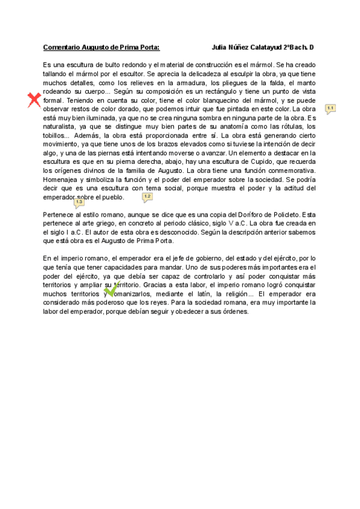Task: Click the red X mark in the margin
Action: [35, 100]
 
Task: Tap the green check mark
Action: [112, 289]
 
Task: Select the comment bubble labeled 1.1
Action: [330, 109]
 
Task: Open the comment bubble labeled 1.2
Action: [147, 197]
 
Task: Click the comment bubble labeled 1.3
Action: [79, 203]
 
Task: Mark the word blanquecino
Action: [218, 101]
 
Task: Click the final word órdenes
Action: [231, 312]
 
